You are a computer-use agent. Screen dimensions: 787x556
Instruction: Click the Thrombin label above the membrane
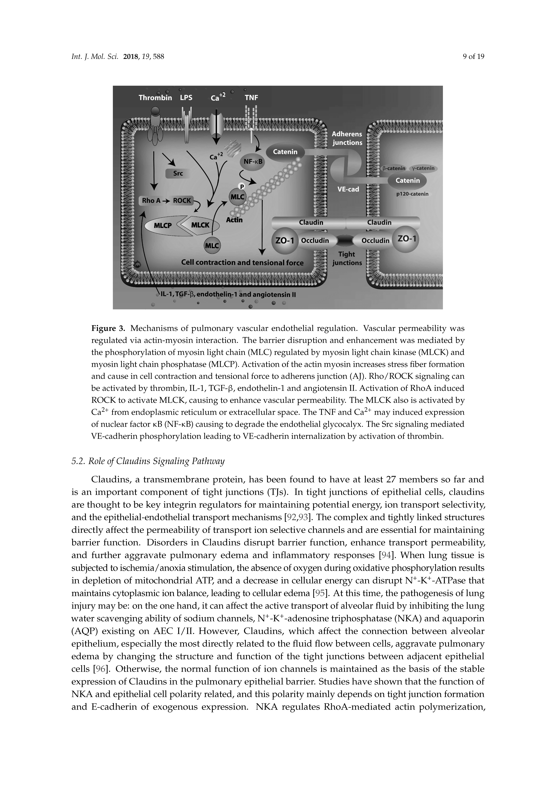(x=155, y=98)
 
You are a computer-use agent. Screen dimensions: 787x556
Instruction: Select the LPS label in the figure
(x=186, y=98)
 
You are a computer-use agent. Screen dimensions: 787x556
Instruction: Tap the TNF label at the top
(x=251, y=98)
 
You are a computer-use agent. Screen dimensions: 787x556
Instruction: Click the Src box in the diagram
(x=178, y=173)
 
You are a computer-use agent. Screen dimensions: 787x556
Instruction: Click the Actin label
(x=234, y=220)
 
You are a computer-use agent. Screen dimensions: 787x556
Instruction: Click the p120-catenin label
(x=412, y=194)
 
